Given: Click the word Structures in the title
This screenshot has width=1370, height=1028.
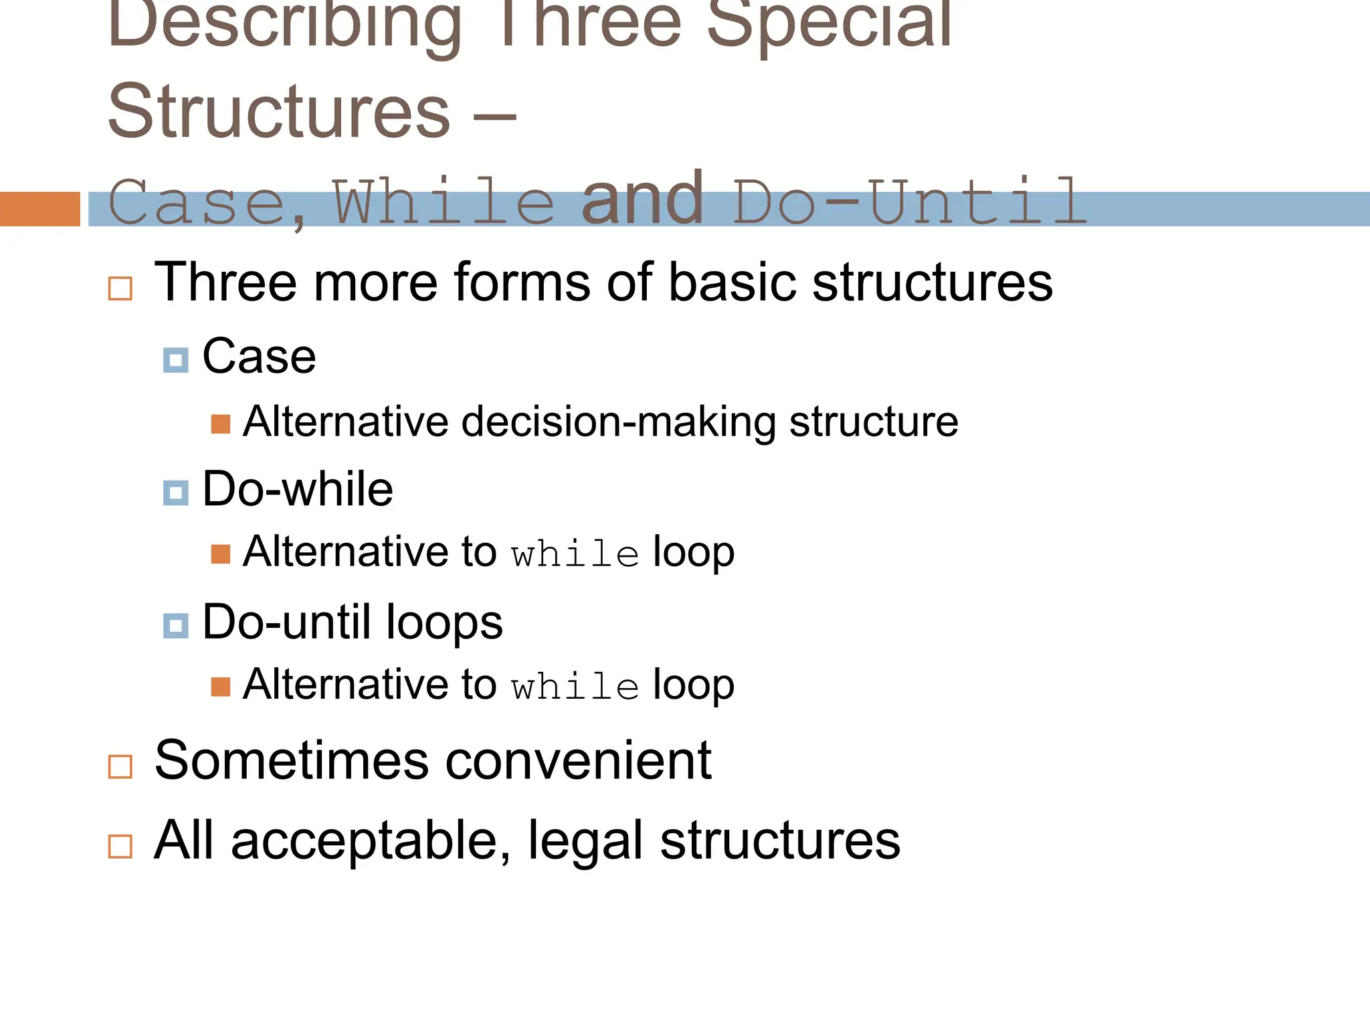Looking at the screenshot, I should pyautogui.click(x=279, y=112).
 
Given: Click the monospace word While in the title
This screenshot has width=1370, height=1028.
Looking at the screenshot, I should pyautogui.click(x=444, y=202).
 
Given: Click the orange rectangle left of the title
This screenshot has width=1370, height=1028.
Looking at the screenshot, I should pyautogui.click(x=39, y=209).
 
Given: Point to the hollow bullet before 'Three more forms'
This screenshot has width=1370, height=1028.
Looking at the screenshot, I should pyautogui.click(x=120, y=288).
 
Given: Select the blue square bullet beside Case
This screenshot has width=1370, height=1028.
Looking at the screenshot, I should pyautogui.click(x=175, y=360).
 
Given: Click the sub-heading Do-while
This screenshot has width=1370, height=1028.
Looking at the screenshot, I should pyautogui.click(x=298, y=489).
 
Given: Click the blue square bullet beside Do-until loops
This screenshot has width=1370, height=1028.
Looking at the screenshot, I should pyautogui.click(x=175, y=626).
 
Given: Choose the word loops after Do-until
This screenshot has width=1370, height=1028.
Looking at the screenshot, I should pyautogui.click(x=444, y=622).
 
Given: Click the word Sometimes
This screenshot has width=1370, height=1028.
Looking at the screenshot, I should pyautogui.click(x=292, y=761).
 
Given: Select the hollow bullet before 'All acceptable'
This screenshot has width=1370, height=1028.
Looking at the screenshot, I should pyautogui.click(x=120, y=846).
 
